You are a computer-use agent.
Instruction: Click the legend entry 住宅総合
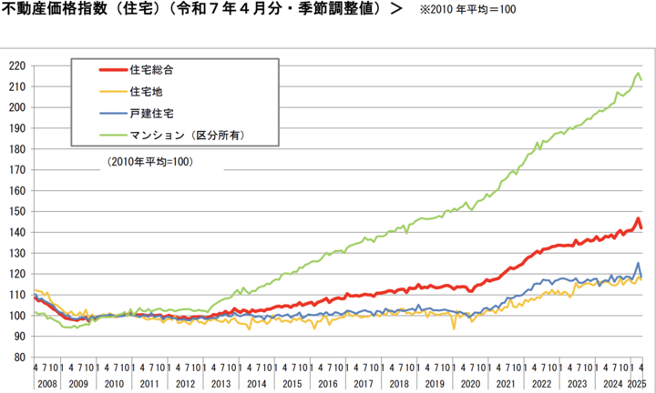[x=151, y=70]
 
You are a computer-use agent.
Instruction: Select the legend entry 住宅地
[x=144, y=92]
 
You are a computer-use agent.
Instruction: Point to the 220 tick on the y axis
[x=15, y=66]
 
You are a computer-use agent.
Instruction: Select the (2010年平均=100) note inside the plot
[x=150, y=162]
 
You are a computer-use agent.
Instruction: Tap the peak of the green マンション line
[x=638, y=73]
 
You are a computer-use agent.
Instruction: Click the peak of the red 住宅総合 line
[x=638, y=219]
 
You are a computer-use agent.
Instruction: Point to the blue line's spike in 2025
[x=638, y=264]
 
